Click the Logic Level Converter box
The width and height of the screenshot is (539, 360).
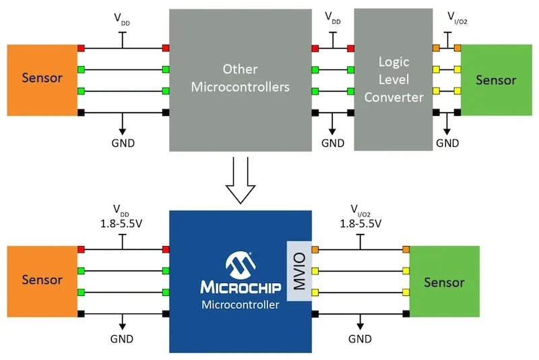coord(393,80)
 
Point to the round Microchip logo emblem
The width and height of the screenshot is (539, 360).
coord(240,264)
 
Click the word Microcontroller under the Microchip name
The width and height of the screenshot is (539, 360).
coord(240,305)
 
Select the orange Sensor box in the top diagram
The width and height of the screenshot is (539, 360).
coord(42,78)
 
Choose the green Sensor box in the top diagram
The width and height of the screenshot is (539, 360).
coord(495,80)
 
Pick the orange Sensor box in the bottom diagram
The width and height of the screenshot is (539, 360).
coord(42,280)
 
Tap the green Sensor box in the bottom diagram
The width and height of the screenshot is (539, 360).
coord(444,282)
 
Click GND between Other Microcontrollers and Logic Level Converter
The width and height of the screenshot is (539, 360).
coord(332,143)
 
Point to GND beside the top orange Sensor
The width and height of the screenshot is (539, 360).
coord(122,143)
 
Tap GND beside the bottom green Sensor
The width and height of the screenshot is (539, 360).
coord(360,339)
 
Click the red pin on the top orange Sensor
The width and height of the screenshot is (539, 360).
coord(81,48)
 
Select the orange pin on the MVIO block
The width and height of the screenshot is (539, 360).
coord(315,250)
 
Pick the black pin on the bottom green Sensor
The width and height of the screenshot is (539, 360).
coord(406,313)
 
